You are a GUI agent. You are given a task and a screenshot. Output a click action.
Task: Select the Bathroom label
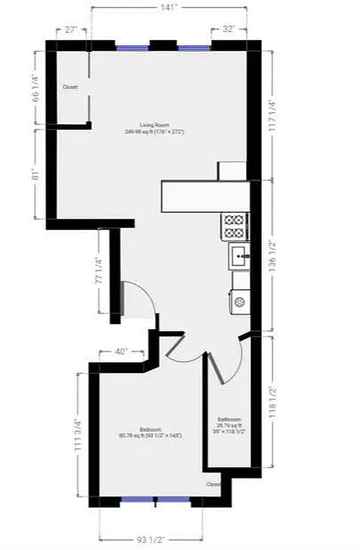229,419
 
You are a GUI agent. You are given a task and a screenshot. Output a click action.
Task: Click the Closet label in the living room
70,87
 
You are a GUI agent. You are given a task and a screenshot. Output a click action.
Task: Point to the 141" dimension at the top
169,8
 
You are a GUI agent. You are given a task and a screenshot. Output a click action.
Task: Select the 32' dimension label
229,30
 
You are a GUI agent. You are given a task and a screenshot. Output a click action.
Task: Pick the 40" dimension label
122,351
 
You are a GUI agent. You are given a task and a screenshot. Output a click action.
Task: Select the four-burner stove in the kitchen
234,227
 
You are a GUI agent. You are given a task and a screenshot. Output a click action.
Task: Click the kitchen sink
239,257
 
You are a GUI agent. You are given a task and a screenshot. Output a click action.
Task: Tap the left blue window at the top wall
132,48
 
